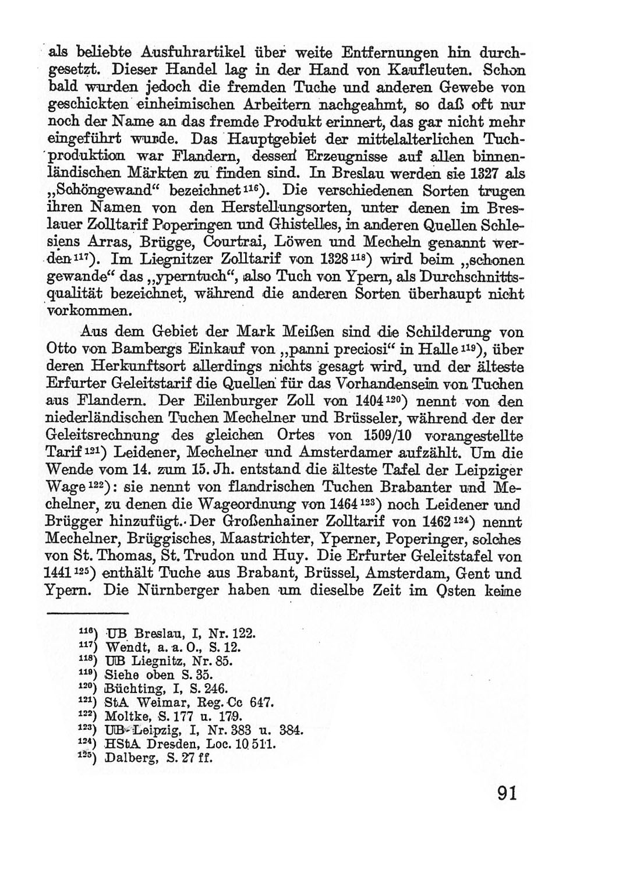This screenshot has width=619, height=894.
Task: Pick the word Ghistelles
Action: [302, 224]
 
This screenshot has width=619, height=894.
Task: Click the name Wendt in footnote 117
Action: [122, 647]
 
